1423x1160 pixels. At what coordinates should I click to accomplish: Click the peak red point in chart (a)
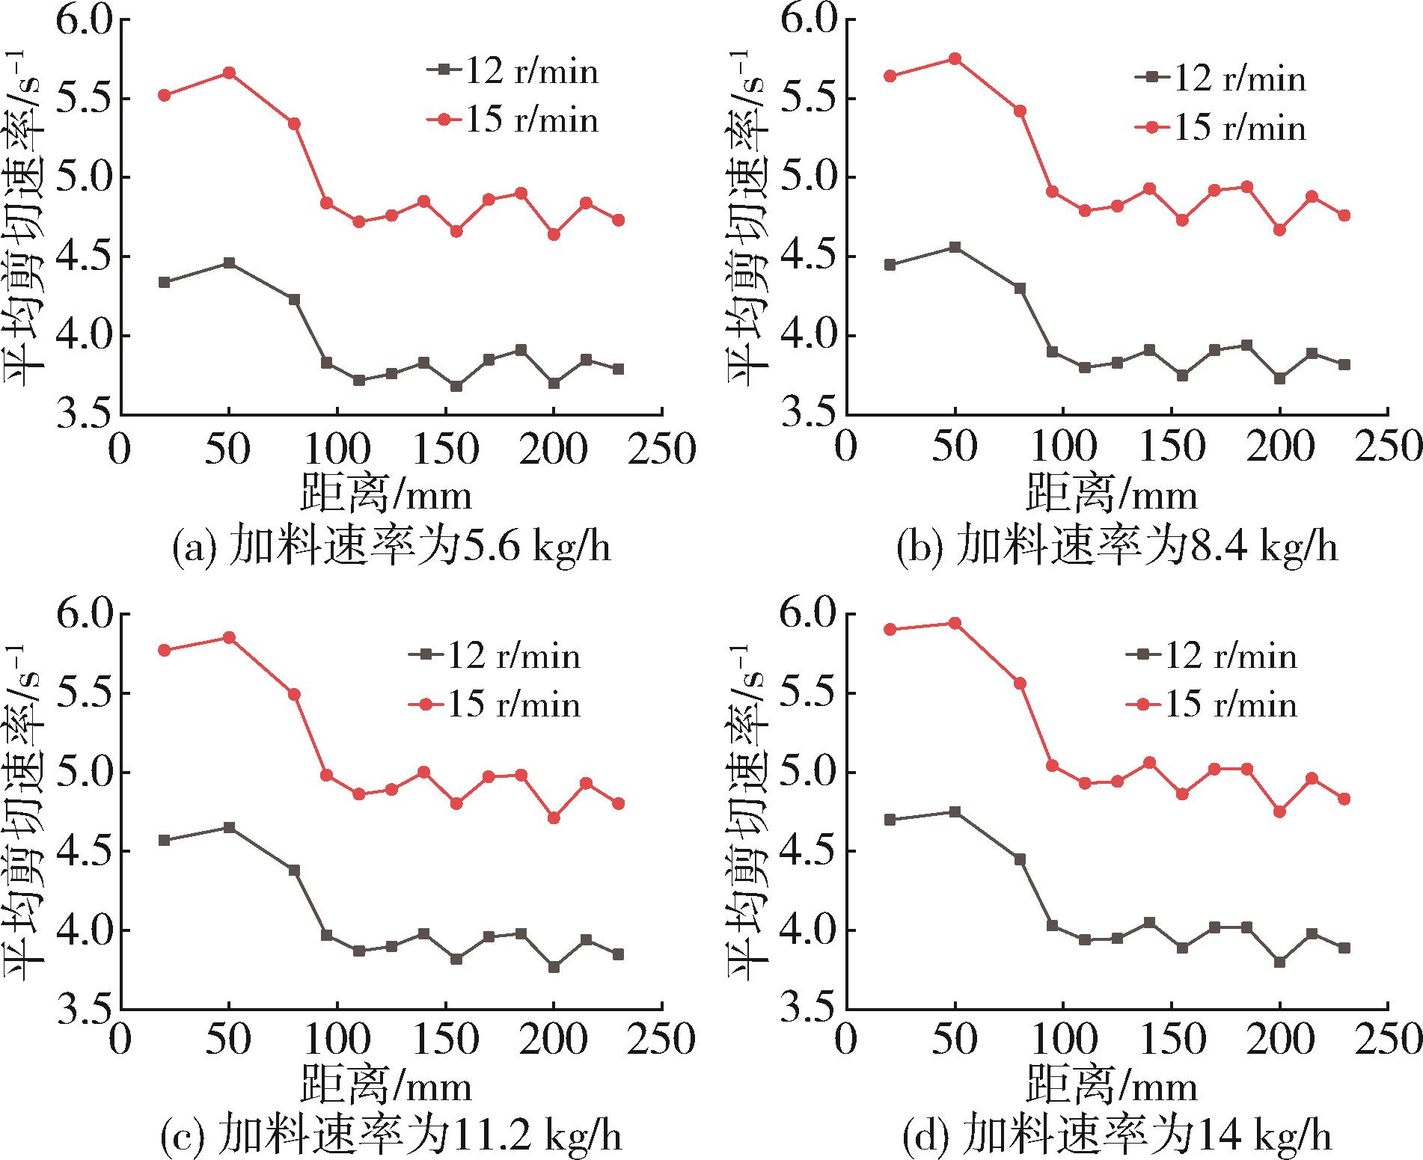(230, 73)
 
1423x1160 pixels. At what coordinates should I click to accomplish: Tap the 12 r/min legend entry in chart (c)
(495, 656)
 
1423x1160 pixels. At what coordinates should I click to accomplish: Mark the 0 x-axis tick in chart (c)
(120, 1040)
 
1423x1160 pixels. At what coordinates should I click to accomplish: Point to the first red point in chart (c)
(165, 650)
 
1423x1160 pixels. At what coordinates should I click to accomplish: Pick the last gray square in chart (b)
(1344, 364)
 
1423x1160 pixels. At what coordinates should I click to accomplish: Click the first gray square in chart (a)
(165, 282)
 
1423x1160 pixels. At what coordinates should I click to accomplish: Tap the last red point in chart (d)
(1344, 799)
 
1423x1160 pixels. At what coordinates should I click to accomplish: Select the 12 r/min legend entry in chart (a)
(513, 71)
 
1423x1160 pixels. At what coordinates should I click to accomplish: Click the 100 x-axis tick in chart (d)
(1063, 1040)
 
